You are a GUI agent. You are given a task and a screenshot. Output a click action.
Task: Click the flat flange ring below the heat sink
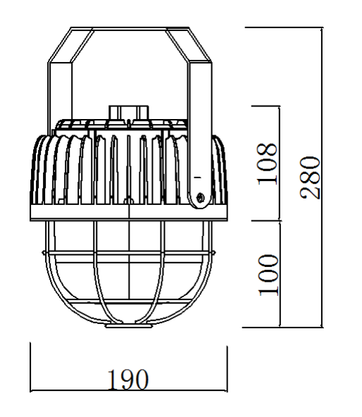(x=130, y=211)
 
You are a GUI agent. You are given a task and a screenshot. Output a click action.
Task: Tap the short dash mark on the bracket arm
(x=198, y=170)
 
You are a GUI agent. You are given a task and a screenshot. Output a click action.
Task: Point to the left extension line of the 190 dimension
(x=31, y=366)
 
